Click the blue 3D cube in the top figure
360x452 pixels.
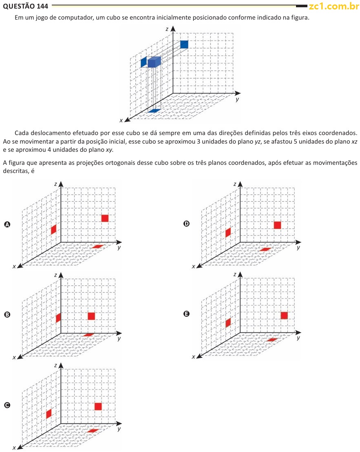coord(154,62)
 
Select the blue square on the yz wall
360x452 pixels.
coord(184,44)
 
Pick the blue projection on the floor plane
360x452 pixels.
coord(155,111)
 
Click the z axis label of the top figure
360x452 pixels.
coord(167,29)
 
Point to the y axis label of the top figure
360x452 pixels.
coord(237,100)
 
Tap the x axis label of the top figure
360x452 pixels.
coord(121,120)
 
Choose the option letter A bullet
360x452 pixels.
coord(7,224)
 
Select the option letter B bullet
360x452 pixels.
coord(7,315)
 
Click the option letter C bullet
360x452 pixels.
coord(7,405)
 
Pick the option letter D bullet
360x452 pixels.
coord(186,223)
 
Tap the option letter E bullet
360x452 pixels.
coord(186,314)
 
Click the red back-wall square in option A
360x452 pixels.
coord(105,218)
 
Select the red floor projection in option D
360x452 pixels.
coord(265,249)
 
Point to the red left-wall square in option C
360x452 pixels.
coord(49,413)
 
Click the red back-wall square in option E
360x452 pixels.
coord(284,315)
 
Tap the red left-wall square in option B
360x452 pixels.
coord(58,317)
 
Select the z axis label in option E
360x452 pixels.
coord(234,275)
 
